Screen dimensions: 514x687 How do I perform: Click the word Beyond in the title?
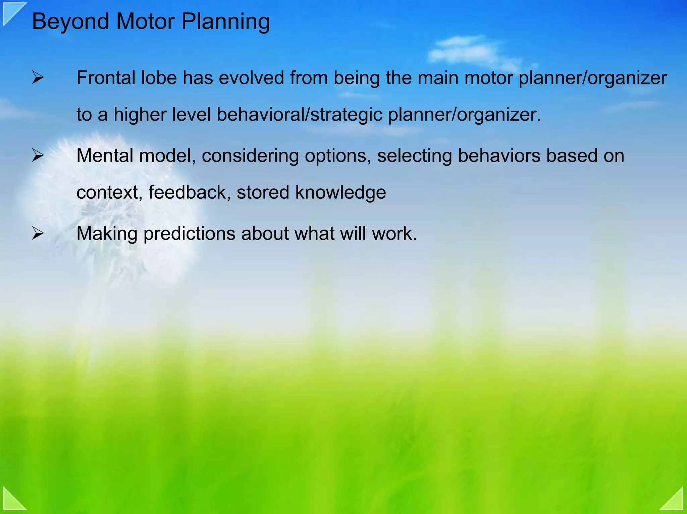tap(70, 22)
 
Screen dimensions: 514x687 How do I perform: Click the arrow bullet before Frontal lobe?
tap(38, 78)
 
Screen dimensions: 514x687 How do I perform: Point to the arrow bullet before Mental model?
tap(38, 156)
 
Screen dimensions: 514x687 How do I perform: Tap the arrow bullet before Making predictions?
tap(38, 234)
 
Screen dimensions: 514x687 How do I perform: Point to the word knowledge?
tap(340, 193)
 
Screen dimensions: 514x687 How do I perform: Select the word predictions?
tap(189, 234)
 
